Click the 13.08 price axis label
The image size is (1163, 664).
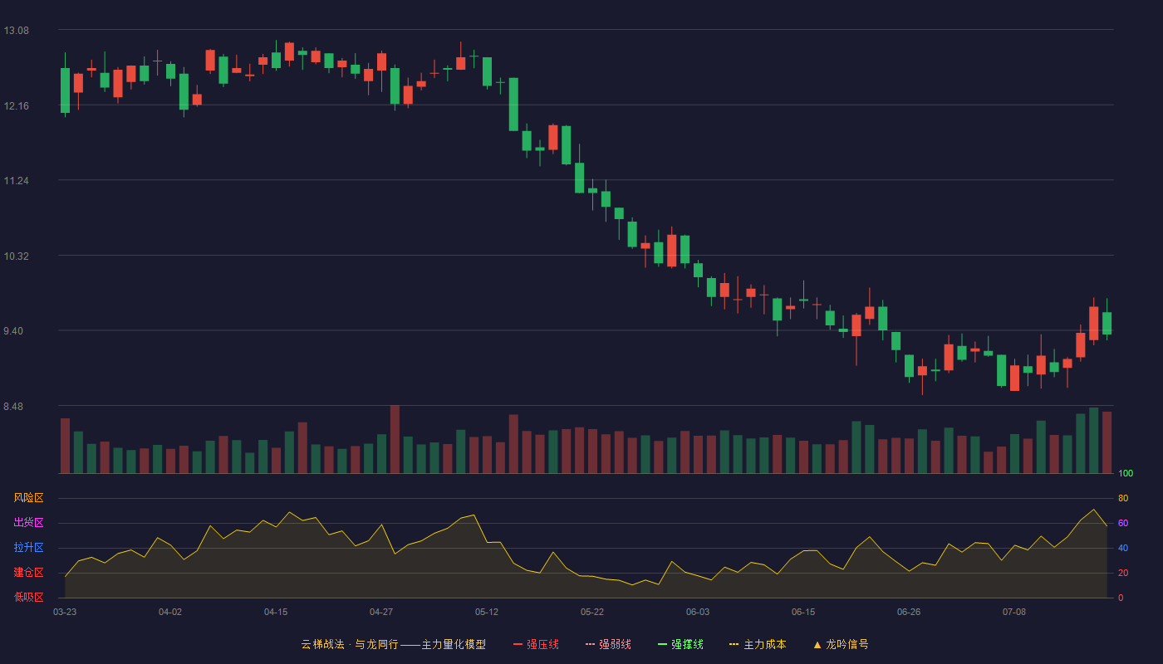[x=16, y=31]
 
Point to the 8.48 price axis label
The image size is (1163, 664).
[x=13, y=407]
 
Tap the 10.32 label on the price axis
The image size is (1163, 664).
[x=16, y=256]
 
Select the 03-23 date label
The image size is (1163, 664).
[x=65, y=613]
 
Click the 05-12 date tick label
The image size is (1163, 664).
[x=487, y=613]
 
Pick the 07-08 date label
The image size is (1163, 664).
[x=1014, y=613]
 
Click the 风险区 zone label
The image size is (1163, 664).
[x=28, y=498]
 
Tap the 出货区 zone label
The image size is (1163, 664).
[x=28, y=522]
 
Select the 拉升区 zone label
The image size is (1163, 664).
[x=28, y=547]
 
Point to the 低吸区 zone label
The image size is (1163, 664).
[x=28, y=597]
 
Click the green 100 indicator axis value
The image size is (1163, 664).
[x=1126, y=473]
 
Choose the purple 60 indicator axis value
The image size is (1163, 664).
[x=1123, y=523]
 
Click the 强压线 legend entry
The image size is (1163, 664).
[x=536, y=644]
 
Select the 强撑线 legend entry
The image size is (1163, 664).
[x=680, y=644]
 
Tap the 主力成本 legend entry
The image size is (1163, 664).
[x=758, y=644]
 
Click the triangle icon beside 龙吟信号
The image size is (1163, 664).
[x=817, y=645]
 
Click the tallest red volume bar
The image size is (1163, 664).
[x=395, y=439]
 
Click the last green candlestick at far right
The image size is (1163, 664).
[x=1107, y=323]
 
